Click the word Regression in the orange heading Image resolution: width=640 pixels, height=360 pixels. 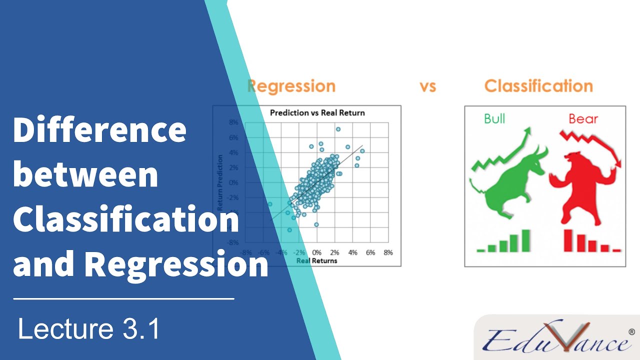pos(291,86)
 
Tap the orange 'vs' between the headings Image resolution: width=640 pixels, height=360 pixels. pos(428,86)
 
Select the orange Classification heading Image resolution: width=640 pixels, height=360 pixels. pos(538,86)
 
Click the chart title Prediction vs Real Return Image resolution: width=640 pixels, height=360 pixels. pos(317,113)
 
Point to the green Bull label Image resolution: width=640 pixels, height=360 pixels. pos(494,118)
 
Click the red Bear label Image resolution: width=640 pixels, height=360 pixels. pos(583,118)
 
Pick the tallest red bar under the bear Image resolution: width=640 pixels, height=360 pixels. pos(568,240)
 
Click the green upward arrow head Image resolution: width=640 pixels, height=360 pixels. pos(528,131)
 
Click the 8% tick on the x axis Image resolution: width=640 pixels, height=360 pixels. pos(388,252)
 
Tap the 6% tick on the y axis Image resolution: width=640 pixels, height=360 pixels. pos(233,137)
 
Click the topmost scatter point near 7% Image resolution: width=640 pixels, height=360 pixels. pos(338,129)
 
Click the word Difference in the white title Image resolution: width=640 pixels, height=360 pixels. pos(99,129)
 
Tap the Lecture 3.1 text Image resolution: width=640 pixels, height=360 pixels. pos(89,329)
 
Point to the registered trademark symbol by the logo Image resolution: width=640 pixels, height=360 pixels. pos(631,331)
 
